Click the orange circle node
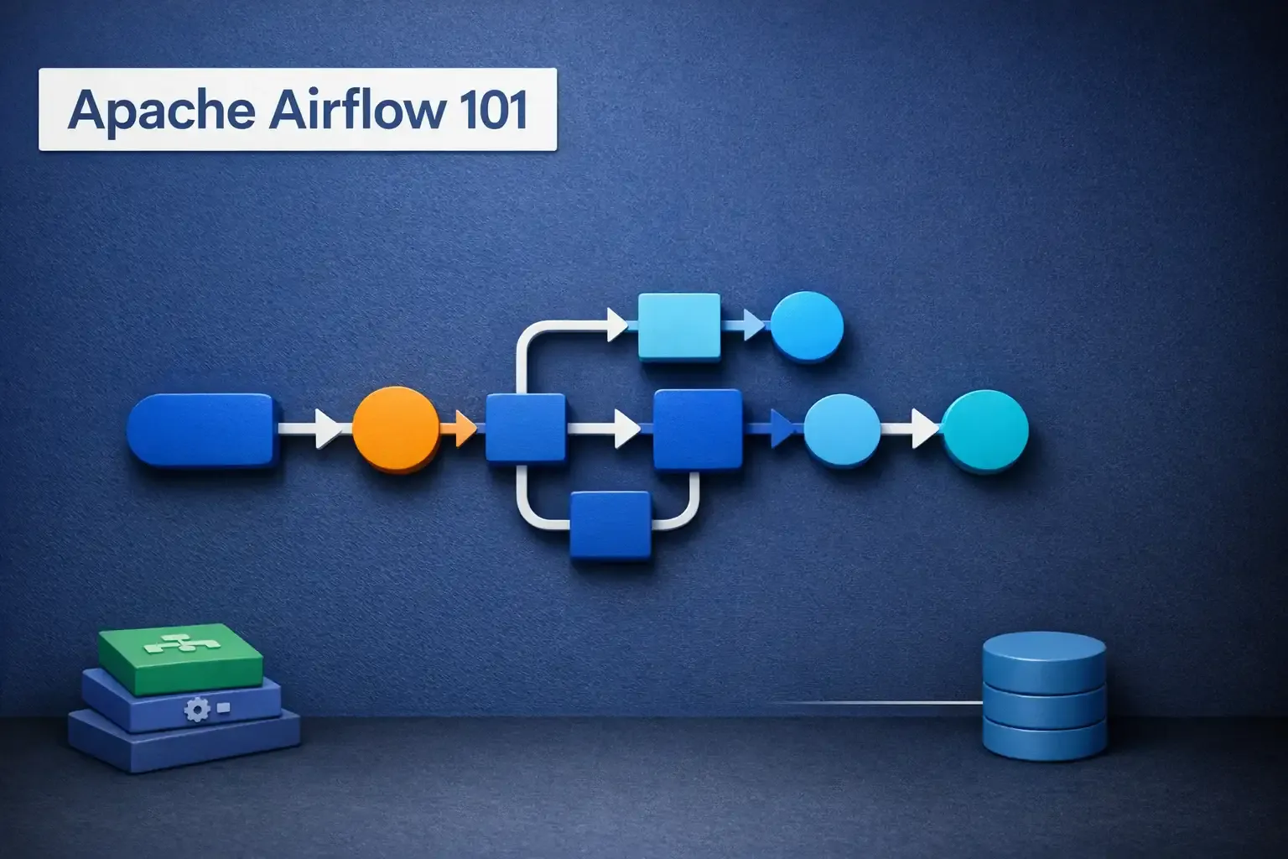point(396,429)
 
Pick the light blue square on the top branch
point(679,326)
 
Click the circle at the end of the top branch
point(806,326)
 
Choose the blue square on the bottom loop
point(610,525)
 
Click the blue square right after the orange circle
point(526,429)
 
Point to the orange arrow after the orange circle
point(459,429)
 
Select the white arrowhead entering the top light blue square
point(617,325)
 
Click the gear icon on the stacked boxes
point(197,711)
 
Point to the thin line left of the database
point(872,702)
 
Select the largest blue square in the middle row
point(698,429)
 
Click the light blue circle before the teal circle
point(842,429)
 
